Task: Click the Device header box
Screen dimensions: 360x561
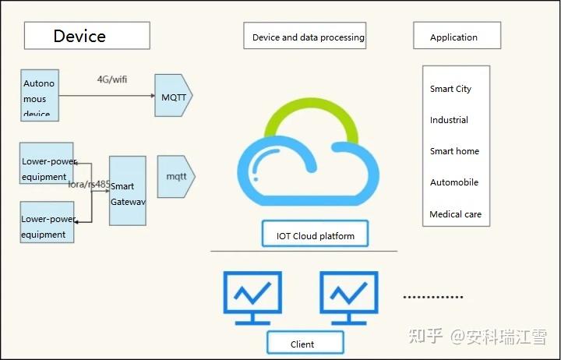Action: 86,36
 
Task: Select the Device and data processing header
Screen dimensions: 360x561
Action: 308,37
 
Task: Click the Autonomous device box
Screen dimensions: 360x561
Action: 40,95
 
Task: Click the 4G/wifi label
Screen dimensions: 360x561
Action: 111,79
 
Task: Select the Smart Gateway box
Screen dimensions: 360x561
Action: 127,191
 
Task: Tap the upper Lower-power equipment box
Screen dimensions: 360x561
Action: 47,163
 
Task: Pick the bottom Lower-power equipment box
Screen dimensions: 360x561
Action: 47,222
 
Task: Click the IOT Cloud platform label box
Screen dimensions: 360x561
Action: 315,235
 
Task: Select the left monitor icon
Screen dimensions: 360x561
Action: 252,297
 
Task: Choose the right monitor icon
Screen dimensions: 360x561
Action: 348,297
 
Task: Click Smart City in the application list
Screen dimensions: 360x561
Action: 450,89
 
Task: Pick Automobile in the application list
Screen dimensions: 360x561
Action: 453,182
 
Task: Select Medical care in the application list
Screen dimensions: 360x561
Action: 455,214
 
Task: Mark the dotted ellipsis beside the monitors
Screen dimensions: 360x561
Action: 432,297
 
